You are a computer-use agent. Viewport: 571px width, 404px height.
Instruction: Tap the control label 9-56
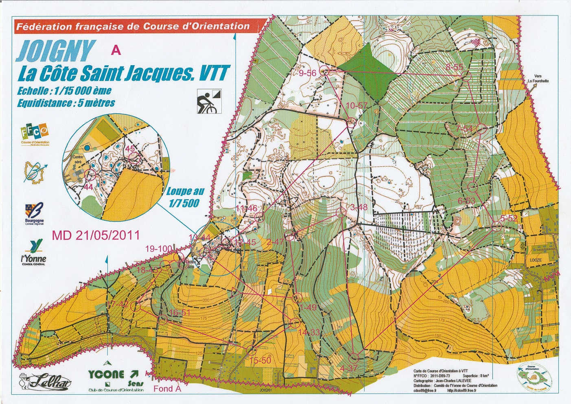(308, 73)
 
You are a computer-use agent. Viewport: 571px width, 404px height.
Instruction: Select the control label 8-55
(454, 68)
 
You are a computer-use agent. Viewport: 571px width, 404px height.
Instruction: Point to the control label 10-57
(357, 106)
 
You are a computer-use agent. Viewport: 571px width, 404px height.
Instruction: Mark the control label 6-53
(466, 200)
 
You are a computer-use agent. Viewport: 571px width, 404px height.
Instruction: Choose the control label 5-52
(508, 219)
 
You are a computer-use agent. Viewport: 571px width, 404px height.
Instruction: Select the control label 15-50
(260, 361)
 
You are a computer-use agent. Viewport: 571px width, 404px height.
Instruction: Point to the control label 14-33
(309, 333)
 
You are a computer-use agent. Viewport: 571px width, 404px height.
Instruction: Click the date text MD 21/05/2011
(96, 235)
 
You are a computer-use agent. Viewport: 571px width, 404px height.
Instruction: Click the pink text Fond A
(167, 389)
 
